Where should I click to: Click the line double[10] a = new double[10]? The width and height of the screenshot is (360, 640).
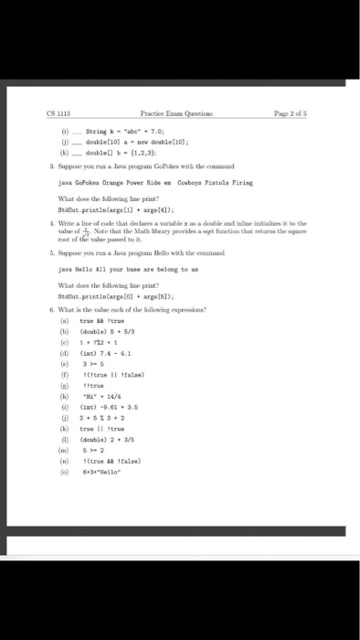click(122, 142)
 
